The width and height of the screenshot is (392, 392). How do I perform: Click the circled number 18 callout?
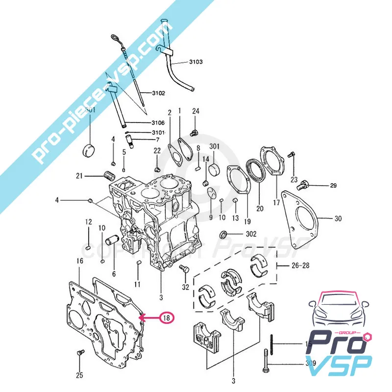167,318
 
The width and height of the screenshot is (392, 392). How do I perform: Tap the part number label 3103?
196,62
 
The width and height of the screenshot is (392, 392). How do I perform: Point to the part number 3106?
158,122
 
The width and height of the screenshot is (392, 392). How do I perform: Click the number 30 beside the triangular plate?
338,219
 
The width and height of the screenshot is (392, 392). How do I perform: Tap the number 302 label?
250,234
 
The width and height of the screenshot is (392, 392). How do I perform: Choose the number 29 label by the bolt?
333,186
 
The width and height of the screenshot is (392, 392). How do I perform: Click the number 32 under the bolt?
185,287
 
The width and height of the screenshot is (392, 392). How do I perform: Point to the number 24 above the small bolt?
196,111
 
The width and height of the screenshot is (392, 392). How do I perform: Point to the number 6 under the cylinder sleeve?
114,274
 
